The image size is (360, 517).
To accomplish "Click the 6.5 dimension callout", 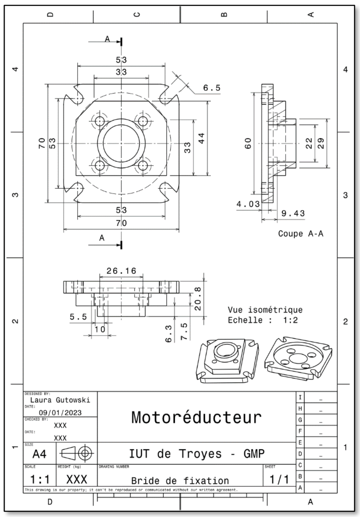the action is (212, 88).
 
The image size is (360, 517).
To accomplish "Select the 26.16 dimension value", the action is (122, 271).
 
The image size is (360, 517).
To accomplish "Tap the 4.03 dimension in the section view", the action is (248, 204).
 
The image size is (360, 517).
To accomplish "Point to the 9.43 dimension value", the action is (293, 213).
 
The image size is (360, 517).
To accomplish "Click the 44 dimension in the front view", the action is (201, 138).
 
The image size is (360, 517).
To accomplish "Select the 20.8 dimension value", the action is (198, 299).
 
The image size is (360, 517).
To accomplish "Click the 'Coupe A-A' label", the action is (301, 234).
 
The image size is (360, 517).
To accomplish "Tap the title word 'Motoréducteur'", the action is (196, 417).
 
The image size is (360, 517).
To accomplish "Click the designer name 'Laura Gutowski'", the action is (60, 400).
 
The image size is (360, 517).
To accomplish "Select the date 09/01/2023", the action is (60, 412).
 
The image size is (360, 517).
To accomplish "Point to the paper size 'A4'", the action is (39, 454).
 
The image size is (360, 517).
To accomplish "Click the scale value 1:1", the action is (40, 480).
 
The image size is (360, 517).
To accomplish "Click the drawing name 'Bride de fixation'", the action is (180, 481).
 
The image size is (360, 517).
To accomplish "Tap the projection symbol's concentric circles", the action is (85, 453).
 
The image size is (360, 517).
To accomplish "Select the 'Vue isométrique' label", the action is (265, 310).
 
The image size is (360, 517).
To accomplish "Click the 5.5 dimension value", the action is (78, 317).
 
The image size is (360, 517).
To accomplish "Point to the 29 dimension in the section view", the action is (321, 143).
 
